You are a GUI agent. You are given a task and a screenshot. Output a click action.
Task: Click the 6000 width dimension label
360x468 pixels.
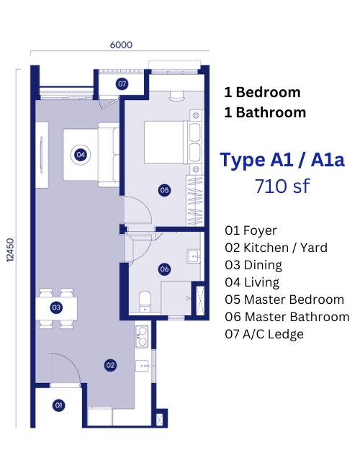point(121,45)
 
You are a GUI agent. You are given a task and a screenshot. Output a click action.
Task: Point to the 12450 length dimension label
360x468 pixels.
point(10,250)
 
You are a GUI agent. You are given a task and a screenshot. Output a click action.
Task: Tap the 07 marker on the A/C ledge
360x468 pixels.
point(122,84)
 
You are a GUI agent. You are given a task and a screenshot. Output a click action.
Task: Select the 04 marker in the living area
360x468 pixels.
point(81,155)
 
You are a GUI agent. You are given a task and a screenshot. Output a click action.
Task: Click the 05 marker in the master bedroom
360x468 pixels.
point(164,190)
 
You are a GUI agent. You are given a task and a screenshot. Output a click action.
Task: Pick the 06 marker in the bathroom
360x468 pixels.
point(164,269)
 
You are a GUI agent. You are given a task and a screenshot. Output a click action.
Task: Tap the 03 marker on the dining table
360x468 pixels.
point(56,307)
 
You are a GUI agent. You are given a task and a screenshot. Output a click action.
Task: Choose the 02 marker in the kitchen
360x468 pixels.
point(110,365)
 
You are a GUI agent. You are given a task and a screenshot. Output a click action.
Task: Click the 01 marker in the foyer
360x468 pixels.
point(58,405)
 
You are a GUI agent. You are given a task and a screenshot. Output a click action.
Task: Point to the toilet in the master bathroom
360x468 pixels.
point(145,302)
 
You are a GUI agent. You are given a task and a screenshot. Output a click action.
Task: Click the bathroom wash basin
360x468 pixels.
point(194,256)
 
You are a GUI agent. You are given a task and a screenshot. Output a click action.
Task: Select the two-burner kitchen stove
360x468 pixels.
point(142,336)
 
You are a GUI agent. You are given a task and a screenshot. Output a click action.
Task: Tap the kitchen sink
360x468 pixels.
point(143,366)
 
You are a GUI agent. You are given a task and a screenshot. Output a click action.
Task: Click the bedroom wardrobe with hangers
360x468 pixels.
point(195,201)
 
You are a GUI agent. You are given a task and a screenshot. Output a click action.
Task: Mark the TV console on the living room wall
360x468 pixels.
point(42,155)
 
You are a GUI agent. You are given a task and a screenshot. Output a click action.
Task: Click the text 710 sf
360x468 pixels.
point(282,186)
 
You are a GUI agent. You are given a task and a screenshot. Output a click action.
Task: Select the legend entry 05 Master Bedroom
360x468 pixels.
point(284,300)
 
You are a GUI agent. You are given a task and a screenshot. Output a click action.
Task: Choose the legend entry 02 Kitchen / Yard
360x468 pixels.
point(276,248)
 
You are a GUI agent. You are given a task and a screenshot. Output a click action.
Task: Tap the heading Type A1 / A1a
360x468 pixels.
point(282,161)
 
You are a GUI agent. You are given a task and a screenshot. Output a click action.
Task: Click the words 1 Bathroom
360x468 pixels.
point(265,112)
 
